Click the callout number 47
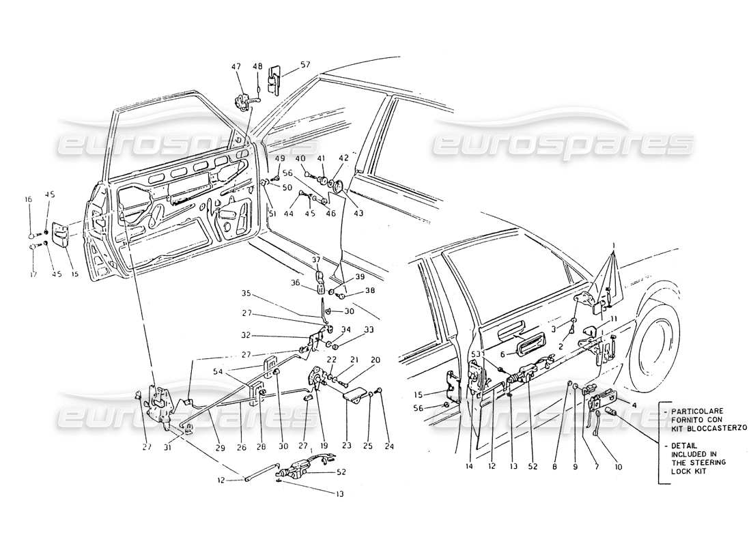pos(236,66)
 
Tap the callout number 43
pos(358,213)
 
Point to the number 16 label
pos(29,199)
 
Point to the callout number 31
pos(167,448)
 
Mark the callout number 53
pos(475,354)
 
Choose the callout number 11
pos(614,319)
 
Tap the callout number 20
pos(375,360)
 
